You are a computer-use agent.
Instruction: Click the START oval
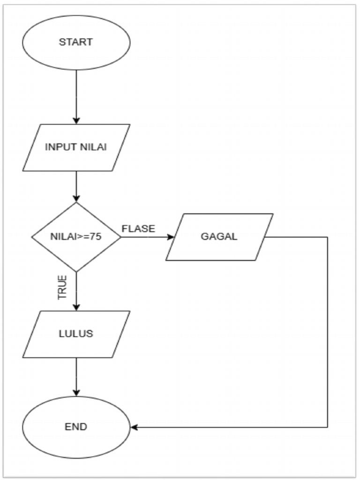76,42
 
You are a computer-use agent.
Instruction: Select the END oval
76,427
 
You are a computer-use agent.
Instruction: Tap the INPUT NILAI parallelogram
76,147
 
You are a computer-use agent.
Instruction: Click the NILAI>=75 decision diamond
76,237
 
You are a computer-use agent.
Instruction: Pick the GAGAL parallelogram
219,237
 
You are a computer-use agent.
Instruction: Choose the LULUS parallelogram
76,334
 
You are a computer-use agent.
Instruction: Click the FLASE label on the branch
138,229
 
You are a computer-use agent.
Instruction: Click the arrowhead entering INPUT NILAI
76,120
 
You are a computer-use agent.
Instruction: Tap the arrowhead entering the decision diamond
76,198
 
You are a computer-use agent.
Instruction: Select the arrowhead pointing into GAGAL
170,237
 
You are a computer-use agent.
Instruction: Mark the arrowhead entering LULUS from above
76,307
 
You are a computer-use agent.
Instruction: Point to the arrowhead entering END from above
76,393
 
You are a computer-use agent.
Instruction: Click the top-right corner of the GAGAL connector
327,237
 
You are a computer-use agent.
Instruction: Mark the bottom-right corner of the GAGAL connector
327,427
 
